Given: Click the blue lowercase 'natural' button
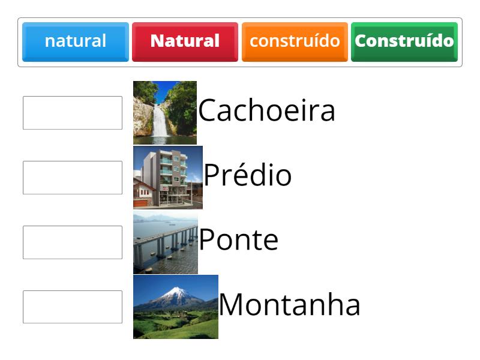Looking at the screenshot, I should click(76, 41).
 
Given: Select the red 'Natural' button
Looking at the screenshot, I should click(185, 41).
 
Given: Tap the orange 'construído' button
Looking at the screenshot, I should click(295, 41).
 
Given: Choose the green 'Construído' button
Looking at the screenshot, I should click(404, 41).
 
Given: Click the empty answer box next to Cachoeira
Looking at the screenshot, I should click(73, 113).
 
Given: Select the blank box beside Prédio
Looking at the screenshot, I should click(73, 178).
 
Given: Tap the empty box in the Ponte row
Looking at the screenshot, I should click(73, 242).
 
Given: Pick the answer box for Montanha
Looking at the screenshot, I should click(73, 307).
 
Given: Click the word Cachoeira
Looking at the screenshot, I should click(266, 111).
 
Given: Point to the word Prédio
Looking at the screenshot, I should click(248, 176).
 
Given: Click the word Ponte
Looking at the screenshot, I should click(238, 240).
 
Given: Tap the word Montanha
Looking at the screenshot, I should click(289, 305).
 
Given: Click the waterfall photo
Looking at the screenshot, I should click(165, 113).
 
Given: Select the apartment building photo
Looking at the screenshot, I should click(167, 178).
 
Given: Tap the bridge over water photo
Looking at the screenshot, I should click(165, 242).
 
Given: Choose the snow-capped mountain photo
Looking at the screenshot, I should click(175, 307).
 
